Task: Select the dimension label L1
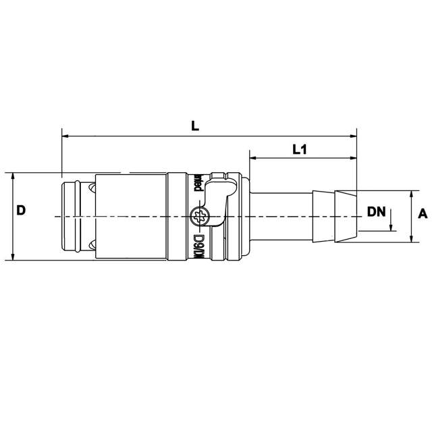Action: [300, 150]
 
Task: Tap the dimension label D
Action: [21, 211]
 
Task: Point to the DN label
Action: [376, 211]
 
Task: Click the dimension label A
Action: [423, 214]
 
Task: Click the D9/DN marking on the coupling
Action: [199, 247]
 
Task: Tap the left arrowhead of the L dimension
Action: [65, 136]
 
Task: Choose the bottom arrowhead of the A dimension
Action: [411, 238]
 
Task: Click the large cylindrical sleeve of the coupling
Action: [132, 216]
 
